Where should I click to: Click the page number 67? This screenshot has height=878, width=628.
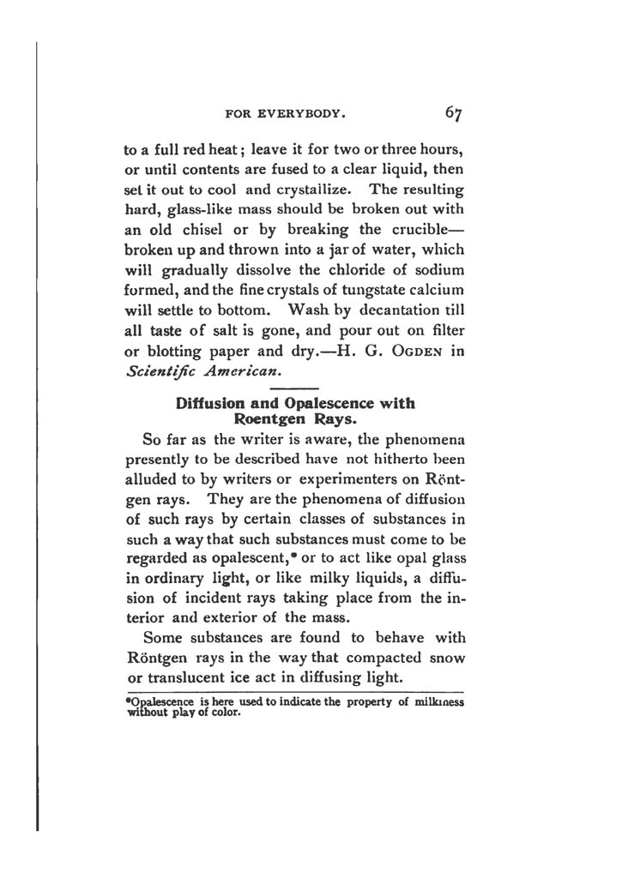[x=454, y=112]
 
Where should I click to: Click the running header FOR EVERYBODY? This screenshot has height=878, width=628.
[x=284, y=113]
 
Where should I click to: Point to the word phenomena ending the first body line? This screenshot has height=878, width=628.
[x=418, y=442]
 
